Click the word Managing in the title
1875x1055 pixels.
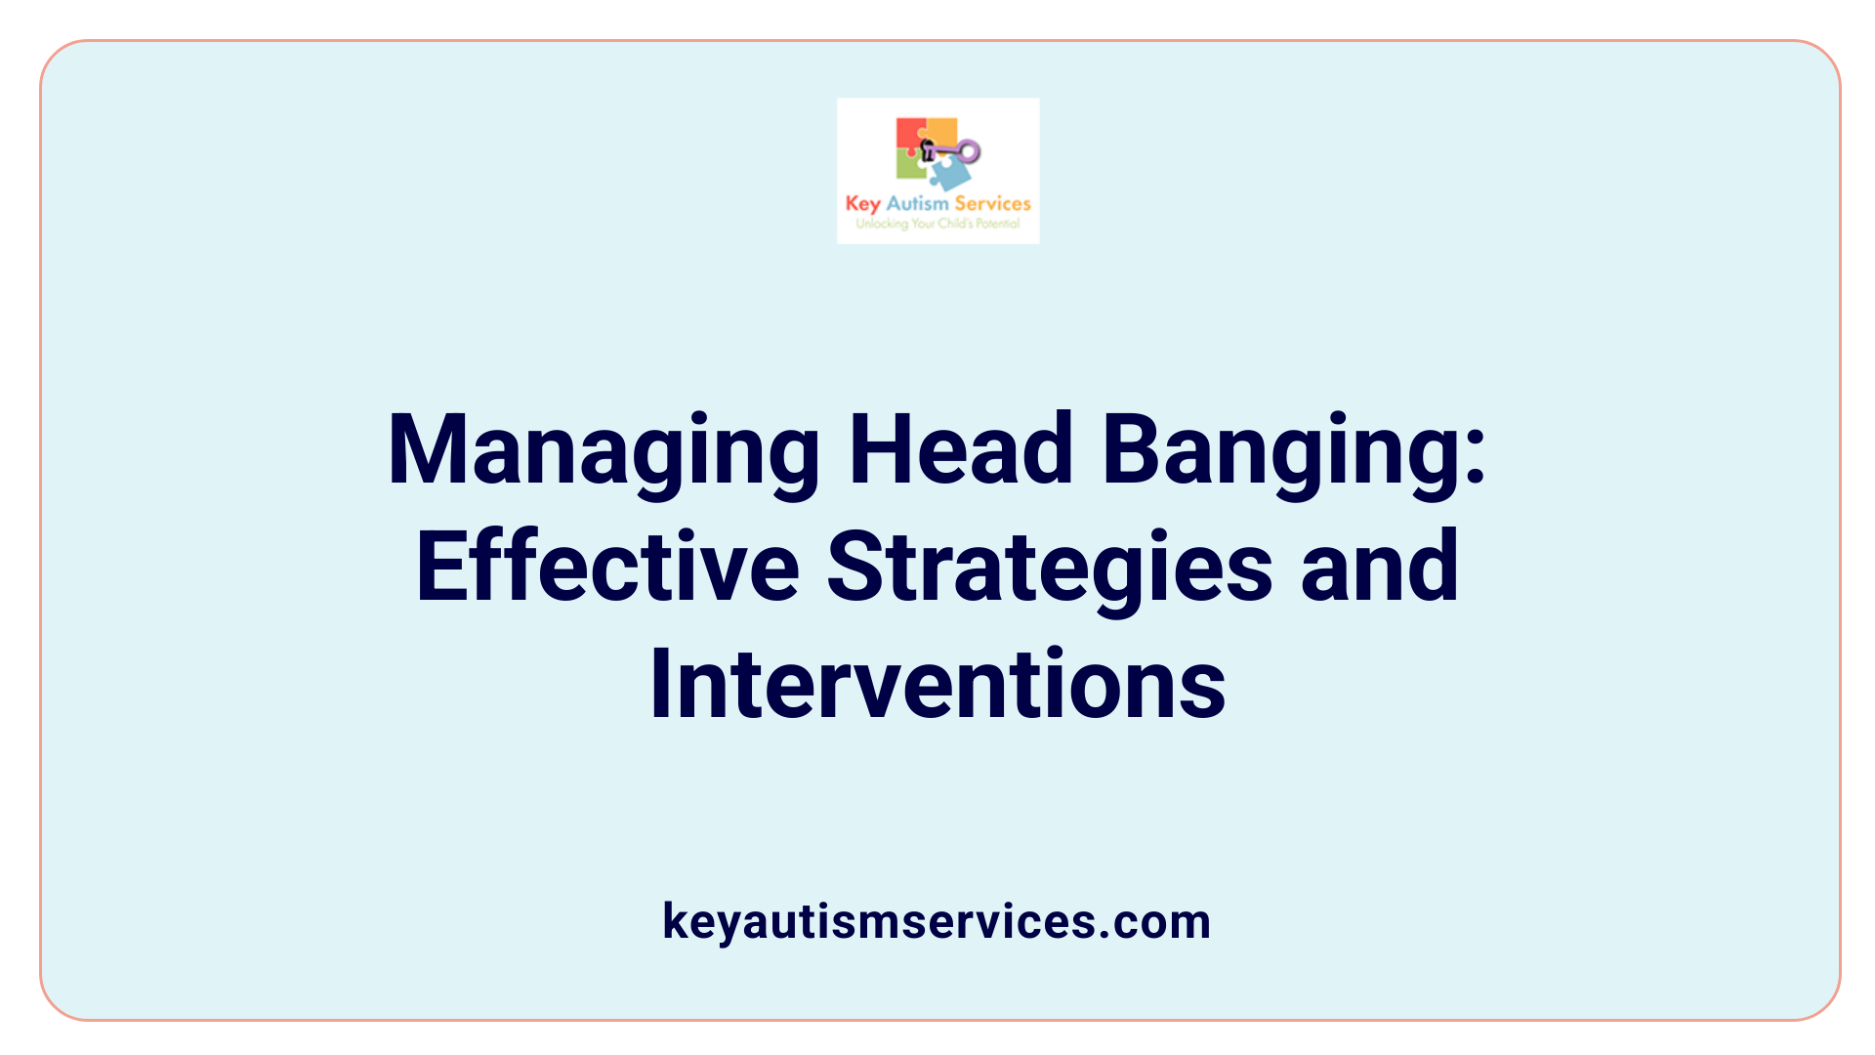pyautogui.click(x=604, y=450)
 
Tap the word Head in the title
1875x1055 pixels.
pyautogui.click(x=961, y=450)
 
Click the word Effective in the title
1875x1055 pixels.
pyautogui.click(x=607, y=567)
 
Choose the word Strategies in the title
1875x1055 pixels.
pyautogui.click(x=1050, y=567)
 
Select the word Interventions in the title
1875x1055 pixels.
pyautogui.click(x=937, y=684)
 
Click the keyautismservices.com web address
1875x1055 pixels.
pyautogui.click(x=937, y=921)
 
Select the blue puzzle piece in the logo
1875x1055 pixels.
pyautogui.click(x=950, y=174)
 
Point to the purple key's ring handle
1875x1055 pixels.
pyautogui.click(x=969, y=150)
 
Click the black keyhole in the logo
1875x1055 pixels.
pyautogui.click(x=928, y=149)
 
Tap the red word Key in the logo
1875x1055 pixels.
pyautogui.click(x=862, y=203)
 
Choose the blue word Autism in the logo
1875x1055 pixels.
pyautogui.click(x=917, y=203)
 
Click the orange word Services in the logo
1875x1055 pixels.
pyautogui.click(x=992, y=203)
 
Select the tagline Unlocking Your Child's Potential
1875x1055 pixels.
pyautogui.click(x=937, y=224)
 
